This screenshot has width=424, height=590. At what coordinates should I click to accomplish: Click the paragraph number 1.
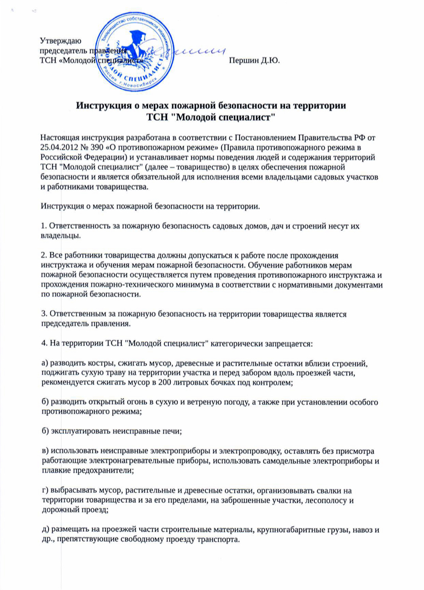[43, 225]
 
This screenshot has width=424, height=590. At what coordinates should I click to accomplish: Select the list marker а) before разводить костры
[44, 363]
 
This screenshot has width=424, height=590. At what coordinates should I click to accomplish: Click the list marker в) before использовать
[44, 452]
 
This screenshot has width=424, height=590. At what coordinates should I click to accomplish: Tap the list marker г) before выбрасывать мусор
[44, 491]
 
